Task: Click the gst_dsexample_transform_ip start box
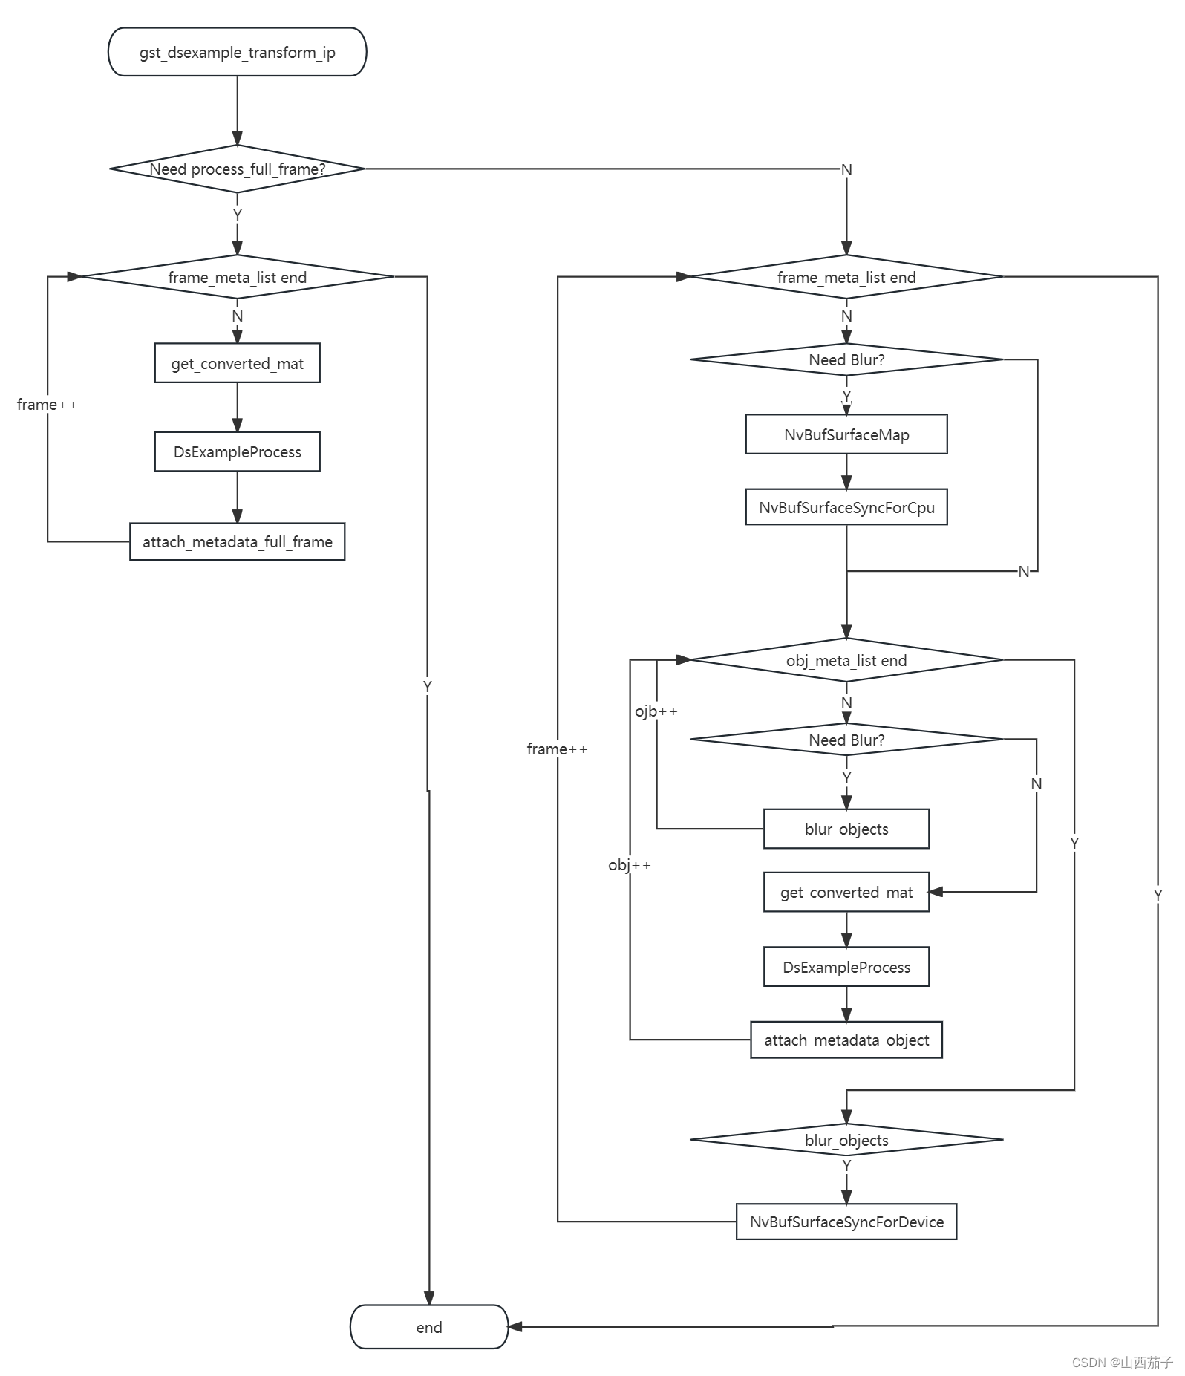(237, 52)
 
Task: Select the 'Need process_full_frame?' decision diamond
(237, 169)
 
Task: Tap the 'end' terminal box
(428, 1327)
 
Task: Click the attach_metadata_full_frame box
(237, 542)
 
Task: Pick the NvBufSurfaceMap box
(846, 434)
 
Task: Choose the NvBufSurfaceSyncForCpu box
(846, 507)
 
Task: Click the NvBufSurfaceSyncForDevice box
(846, 1222)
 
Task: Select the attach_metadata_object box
(846, 1040)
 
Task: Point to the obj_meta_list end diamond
(846, 660)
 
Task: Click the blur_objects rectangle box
(846, 829)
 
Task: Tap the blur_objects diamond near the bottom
(846, 1140)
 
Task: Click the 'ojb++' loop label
(656, 711)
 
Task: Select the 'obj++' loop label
(629, 865)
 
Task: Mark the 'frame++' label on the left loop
(47, 405)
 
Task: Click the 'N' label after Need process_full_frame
(846, 170)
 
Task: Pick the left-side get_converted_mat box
(237, 363)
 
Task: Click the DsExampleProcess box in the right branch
(846, 967)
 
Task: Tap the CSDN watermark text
(1122, 1362)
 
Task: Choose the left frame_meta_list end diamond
(237, 277)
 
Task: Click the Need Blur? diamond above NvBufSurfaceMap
(846, 359)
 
